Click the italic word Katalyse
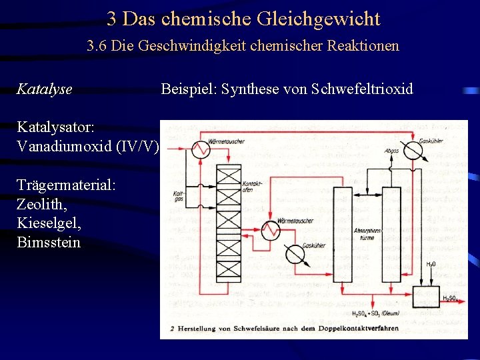[x=44, y=89]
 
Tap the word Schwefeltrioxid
[x=362, y=89]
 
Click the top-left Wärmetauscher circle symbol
[x=199, y=150]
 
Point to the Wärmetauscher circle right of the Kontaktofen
[x=270, y=231]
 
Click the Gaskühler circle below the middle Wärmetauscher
[x=295, y=254]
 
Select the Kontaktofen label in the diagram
[x=251, y=187]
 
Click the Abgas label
[x=393, y=151]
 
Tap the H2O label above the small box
[x=431, y=265]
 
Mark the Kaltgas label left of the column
[x=178, y=195]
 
